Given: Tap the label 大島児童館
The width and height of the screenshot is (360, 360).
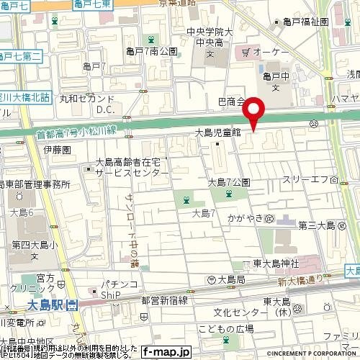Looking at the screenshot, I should tap(217, 133).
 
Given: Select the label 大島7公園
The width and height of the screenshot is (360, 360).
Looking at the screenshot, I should tap(229, 181).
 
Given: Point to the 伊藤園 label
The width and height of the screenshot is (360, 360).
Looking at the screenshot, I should tap(55, 150).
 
